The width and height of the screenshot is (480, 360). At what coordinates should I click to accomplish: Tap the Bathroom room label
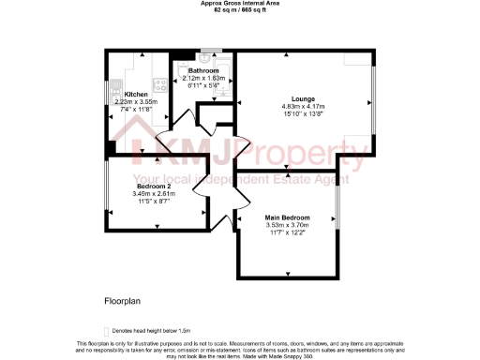pos(203,71)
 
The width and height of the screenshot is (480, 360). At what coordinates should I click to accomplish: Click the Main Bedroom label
pos(287,217)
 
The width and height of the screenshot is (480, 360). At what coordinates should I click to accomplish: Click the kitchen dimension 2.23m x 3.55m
pos(129,102)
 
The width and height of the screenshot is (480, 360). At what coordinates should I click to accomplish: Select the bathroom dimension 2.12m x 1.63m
pos(203,79)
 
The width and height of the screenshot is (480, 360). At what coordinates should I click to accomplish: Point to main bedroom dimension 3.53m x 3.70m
pos(287,225)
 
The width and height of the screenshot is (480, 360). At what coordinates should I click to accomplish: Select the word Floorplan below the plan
pos(122,302)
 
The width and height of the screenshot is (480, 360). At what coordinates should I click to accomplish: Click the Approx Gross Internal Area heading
pos(240,4)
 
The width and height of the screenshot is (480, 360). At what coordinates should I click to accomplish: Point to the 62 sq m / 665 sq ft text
pos(240,10)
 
